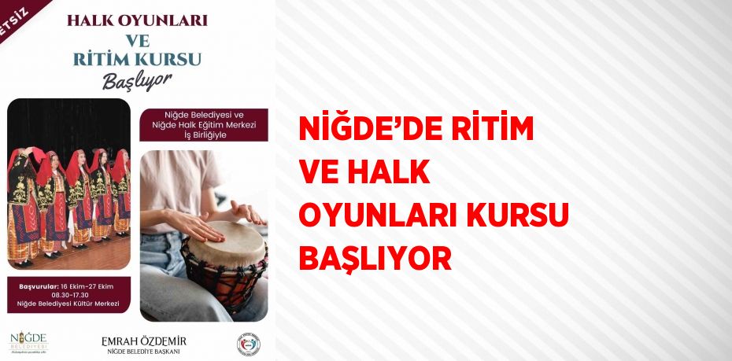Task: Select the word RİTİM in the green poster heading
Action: click(x=102, y=59)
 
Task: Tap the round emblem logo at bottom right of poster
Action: click(x=247, y=343)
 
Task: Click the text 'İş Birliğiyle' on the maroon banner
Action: click(x=204, y=134)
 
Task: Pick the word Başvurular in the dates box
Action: click(x=39, y=285)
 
